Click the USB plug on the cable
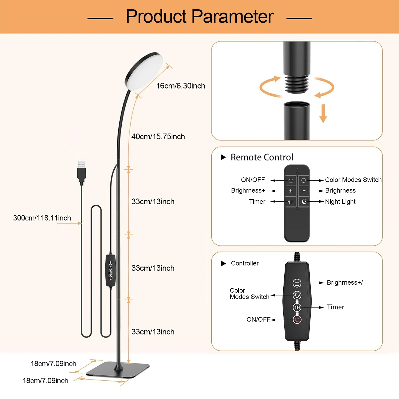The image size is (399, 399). (x=81, y=172)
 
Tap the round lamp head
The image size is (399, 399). (x=144, y=71)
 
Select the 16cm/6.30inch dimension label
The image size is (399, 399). (x=181, y=86)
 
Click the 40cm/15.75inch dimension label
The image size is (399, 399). (x=158, y=137)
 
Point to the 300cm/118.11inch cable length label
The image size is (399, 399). (x=42, y=218)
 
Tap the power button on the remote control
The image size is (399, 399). (x=291, y=181)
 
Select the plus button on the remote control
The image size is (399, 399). (x=291, y=191)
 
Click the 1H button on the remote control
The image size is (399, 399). (x=291, y=202)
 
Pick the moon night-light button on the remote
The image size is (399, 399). (x=304, y=202)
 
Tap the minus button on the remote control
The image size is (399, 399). (x=304, y=191)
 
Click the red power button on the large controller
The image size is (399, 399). (x=297, y=319)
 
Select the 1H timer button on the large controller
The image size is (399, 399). (x=297, y=307)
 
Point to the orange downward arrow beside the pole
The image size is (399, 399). (x=323, y=113)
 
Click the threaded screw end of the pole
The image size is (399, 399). (x=297, y=84)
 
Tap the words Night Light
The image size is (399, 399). (x=340, y=202)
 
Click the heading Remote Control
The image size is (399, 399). (x=262, y=157)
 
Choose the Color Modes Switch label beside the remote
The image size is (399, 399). (x=353, y=180)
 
